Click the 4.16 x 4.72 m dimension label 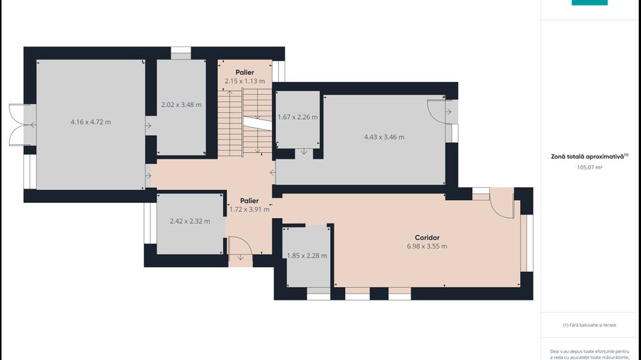point(91,122)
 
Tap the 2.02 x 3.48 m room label point(181,105)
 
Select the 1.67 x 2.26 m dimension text point(298,117)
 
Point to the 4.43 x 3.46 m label point(384,137)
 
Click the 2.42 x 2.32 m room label point(190,221)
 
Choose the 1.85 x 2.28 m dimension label point(307,255)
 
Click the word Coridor point(427,238)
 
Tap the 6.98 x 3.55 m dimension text point(427,247)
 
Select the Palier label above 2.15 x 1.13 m point(245,72)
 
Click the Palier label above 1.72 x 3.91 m point(249,201)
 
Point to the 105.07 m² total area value point(590,167)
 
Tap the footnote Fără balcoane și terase point(590,325)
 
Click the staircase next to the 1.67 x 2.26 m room point(245,122)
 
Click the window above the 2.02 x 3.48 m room point(180,53)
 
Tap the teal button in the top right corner point(590,3)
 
